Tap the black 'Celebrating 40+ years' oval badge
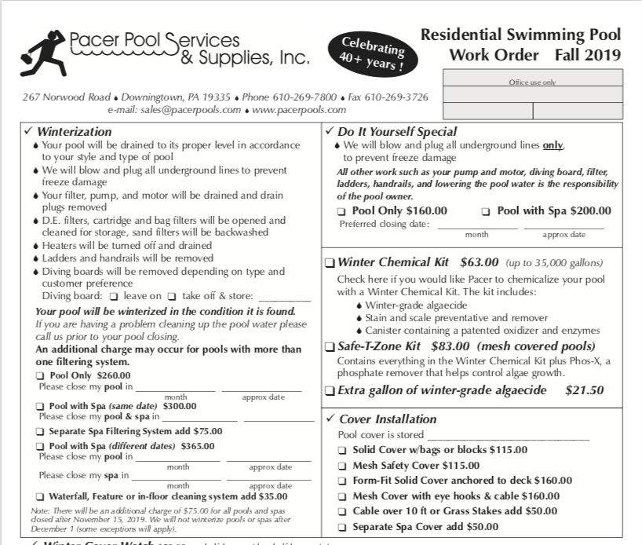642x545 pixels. pos(374,53)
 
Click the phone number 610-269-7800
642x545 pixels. pos(308,97)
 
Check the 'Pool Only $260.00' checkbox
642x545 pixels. pos(40,376)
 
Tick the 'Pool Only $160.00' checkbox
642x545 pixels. pos(341,211)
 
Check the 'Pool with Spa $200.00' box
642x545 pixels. pos(486,211)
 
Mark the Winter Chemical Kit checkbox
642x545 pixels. pos(330,263)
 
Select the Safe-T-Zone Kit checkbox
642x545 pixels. pos(330,346)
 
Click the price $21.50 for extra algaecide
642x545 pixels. pos(584,390)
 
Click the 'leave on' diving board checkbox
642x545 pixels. pos(114,297)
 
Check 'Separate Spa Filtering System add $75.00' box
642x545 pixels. pos(40,432)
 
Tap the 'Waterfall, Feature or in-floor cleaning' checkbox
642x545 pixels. pos(40,496)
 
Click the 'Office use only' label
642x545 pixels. pos(532,82)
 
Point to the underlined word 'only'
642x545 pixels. pos(553,145)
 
